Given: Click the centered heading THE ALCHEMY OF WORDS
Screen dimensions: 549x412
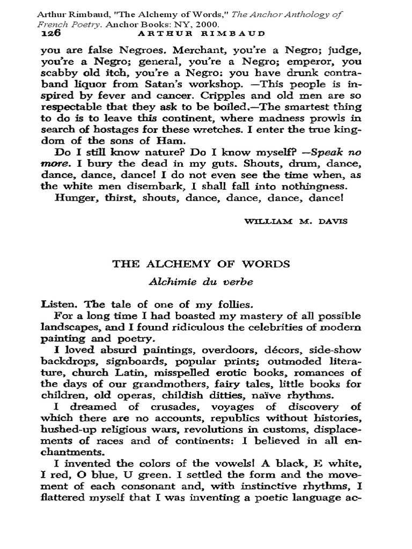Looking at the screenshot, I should (201, 264).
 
